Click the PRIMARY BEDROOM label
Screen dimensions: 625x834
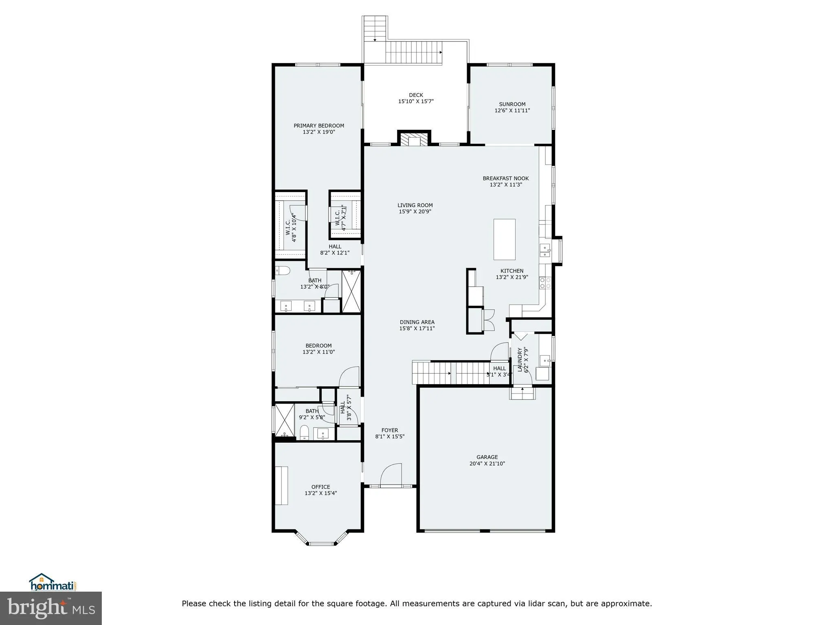(x=319, y=126)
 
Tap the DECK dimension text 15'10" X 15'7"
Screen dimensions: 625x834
(x=416, y=101)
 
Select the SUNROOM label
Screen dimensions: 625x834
(x=512, y=104)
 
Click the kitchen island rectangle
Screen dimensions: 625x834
(x=504, y=239)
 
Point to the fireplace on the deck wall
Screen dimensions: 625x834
(x=414, y=140)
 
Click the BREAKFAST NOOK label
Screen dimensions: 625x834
(x=505, y=178)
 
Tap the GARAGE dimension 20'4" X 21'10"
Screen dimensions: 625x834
(x=487, y=463)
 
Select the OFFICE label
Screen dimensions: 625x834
(x=320, y=487)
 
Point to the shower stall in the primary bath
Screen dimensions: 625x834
(x=351, y=291)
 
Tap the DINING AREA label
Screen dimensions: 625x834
(x=417, y=322)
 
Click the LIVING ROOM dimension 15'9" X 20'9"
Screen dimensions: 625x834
(x=415, y=212)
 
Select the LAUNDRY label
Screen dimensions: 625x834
(x=520, y=360)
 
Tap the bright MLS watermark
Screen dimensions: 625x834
(x=51, y=609)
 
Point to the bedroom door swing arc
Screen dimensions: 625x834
(x=349, y=377)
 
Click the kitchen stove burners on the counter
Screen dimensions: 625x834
(x=545, y=283)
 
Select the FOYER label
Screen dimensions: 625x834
(x=390, y=430)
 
